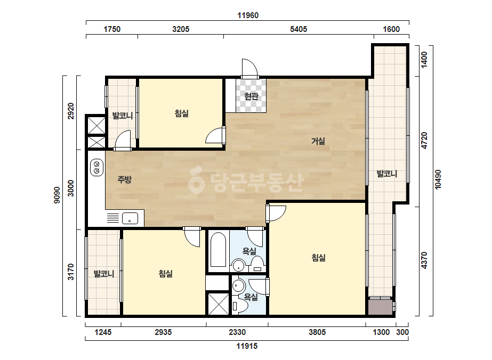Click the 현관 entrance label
click(x=252, y=96)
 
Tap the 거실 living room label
click(x=318, y=141)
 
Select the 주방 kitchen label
click(x=125, y=179)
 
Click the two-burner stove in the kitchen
click(x=96, y=167)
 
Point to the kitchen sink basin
click(x=130, y=218)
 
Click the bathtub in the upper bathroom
click(x=218, y=250)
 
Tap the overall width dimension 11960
click(x=248, y=15)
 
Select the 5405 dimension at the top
click(x=299, y=29)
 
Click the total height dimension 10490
click(x=438, y=179)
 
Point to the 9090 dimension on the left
click(x=57, y=195)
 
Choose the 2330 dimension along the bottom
click(x=237, y=332)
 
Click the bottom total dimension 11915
click(x=247, y=346)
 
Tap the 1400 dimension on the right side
click(x=424, y=60)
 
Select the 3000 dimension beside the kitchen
click(x=71, y=188)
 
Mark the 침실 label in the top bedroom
click(x=182, y=113)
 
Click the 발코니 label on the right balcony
click(x=387, y=174)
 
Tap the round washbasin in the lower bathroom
click(x=239, y=285)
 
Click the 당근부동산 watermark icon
click(x=196, y=180)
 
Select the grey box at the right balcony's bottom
click(x=380, y=307)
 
